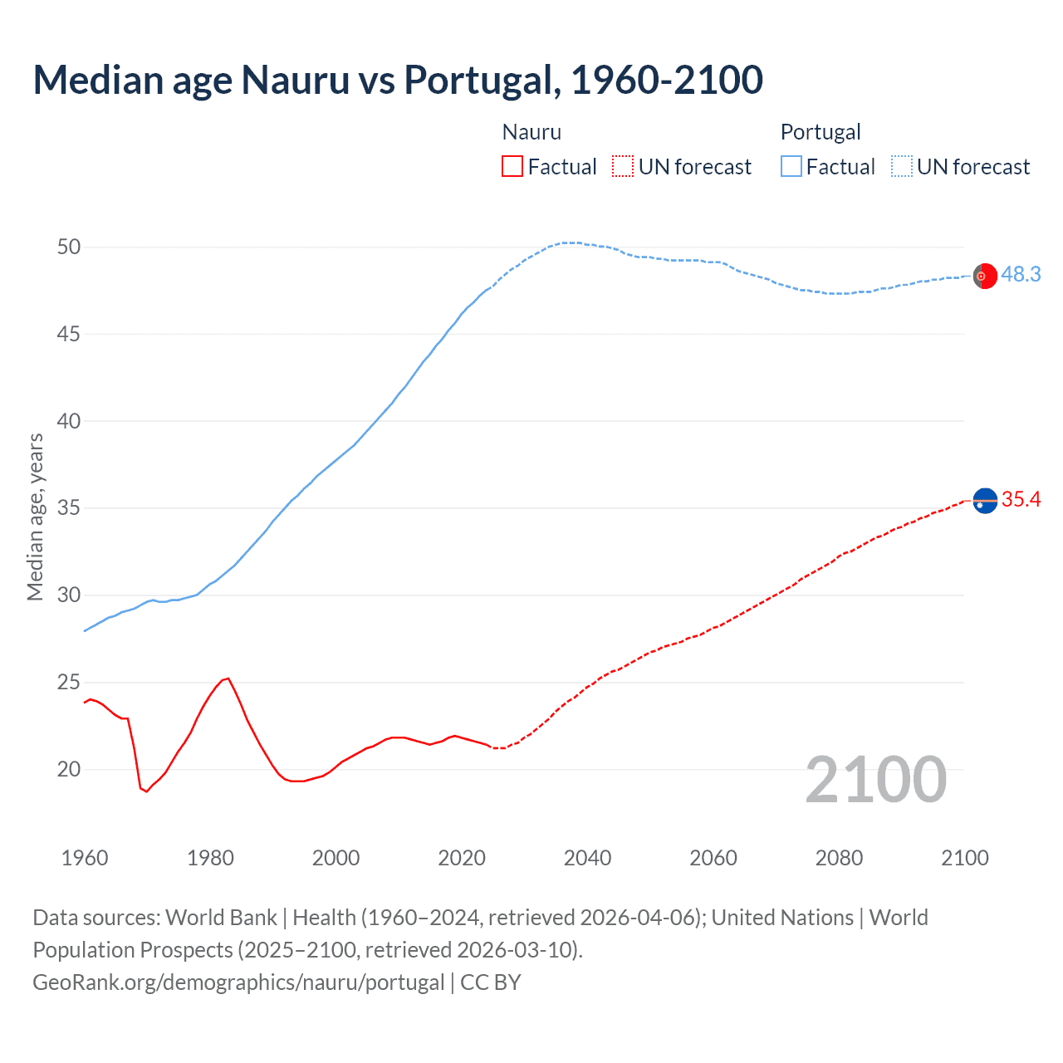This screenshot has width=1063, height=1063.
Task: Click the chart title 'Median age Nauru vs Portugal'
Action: (397, 80)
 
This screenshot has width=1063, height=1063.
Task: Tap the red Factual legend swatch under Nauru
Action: (512, 166)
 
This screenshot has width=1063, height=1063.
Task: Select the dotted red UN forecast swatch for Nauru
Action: (623, 166)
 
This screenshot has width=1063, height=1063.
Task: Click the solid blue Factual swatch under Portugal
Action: (791, 166)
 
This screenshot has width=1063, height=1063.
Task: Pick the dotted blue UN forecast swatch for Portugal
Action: (902, 166)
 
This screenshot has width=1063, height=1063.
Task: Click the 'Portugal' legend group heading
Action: (820, 132)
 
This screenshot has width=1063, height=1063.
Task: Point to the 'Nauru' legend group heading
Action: (531, 132)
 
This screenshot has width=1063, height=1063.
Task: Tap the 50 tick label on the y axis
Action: (69, 247)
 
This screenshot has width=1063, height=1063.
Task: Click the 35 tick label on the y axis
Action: (69, 507)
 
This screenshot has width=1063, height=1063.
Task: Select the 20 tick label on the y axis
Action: (69, 769)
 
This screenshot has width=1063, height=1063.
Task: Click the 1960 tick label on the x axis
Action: (85, 858)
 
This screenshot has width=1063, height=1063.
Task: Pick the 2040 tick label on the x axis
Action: (587, 858)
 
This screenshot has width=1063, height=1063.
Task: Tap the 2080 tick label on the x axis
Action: (839, 858)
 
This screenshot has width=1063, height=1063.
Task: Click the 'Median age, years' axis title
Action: (35, 517)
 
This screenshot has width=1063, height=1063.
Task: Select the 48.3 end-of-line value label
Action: (1021, 274)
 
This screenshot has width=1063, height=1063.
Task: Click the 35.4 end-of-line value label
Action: (1021, 499)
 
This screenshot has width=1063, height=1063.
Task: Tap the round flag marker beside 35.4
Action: (985, 501)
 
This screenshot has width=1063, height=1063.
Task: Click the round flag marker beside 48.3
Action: (985, 276)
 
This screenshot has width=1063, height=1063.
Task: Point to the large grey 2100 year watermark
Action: (875, 779)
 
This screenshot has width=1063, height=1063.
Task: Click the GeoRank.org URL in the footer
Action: (238, 982)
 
